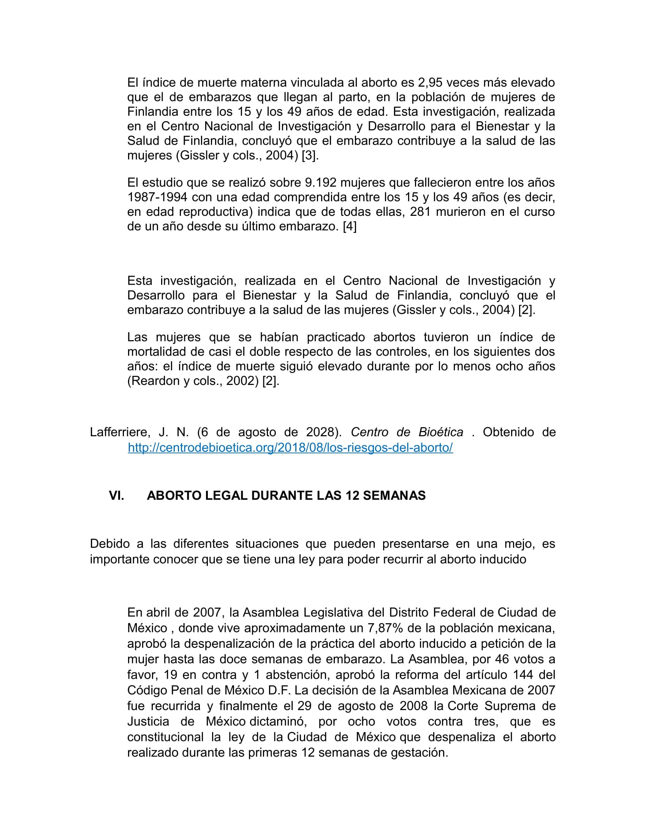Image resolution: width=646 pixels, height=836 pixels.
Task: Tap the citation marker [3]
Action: point(310,156)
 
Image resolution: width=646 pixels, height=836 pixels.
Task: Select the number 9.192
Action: point(320,182)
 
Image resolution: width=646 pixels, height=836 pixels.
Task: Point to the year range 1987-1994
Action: point(157,197)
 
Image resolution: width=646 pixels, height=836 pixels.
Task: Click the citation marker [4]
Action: point(350,226)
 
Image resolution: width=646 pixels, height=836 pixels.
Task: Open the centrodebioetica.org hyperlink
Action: point(290,448)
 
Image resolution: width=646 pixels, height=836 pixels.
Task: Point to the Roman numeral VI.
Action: point(116,496)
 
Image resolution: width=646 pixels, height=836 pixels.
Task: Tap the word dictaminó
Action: point(278,722)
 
